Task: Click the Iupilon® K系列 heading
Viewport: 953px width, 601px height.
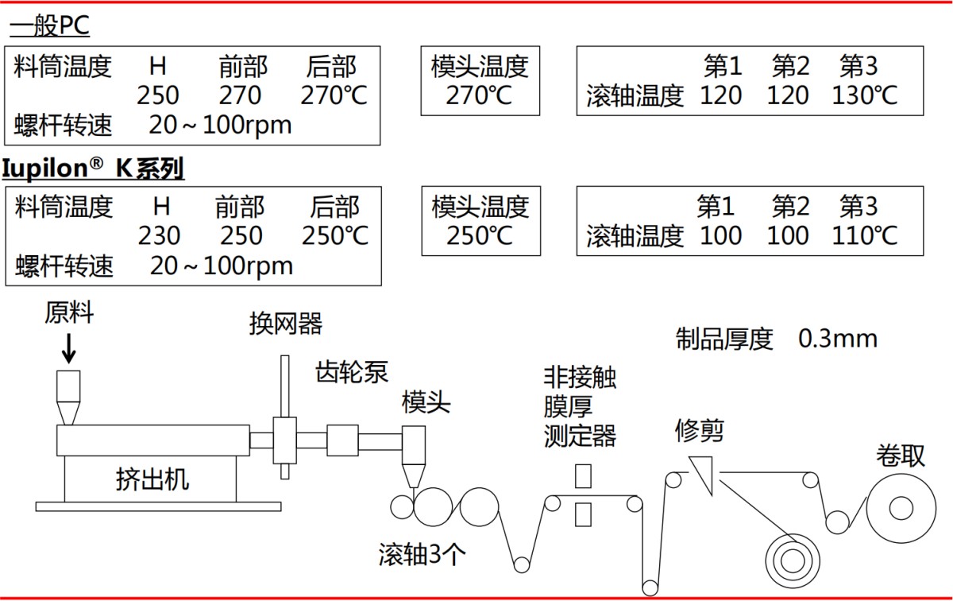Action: pos(94,168)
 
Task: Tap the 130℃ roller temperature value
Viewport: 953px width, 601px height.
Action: pos(864,95)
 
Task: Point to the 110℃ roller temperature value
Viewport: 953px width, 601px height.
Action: pos(864,235)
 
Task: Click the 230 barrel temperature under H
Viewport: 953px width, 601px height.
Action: pos(159,236)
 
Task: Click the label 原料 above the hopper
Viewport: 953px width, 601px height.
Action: pos(69,313)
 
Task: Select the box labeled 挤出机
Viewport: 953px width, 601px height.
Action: pos(151,479)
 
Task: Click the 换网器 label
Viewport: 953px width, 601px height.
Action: pos(286,324)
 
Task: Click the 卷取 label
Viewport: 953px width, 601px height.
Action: pos(901,455)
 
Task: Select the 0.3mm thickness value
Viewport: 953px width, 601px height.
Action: pos(838,339)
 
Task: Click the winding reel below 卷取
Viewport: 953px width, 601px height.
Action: pos(901,506)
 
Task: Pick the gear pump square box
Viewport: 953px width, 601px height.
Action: pos(342,440)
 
